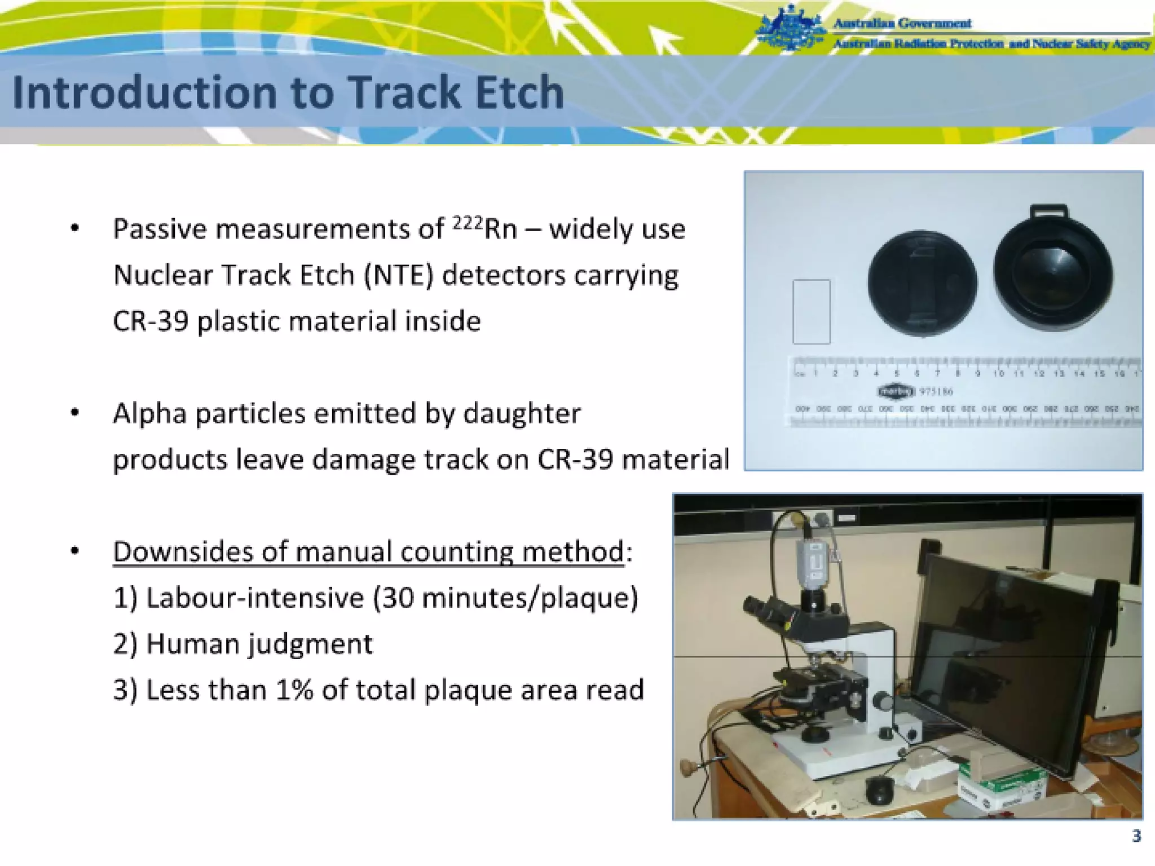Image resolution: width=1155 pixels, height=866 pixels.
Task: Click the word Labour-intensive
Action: tap(255, 598)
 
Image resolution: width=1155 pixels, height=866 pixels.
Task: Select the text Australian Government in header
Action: tap(902, 23)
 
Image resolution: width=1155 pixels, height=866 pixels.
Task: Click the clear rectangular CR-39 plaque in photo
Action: tap(811, 311)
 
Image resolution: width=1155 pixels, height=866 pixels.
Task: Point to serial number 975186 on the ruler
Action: tap(936, 391)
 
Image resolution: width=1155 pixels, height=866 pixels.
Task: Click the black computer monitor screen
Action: tap(1004, 654)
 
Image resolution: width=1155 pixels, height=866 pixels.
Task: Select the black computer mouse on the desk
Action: tap(879, 790)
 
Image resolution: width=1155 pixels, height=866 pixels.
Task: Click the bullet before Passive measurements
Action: tap(75, 229)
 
